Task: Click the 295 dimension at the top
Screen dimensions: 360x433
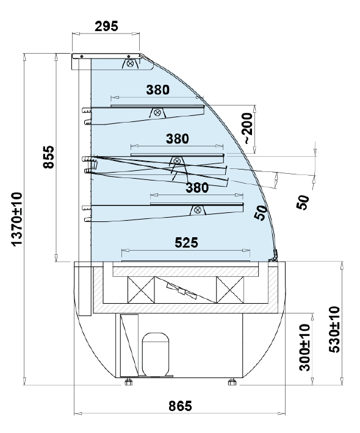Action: (106, 26)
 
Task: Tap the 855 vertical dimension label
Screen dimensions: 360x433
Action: (49, 157)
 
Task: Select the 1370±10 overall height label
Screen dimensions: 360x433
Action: (16, 219)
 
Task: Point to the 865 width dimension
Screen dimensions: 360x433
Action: (180, 406)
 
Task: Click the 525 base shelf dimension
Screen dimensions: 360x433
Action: (187, 243)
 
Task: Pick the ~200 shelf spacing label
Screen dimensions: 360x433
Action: (248, 129)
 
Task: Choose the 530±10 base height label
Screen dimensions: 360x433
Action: (334, 329)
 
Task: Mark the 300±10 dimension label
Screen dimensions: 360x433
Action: (304, 348)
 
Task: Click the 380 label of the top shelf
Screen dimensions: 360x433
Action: (158, 90)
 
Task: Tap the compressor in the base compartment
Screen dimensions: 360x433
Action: (155, 354)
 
